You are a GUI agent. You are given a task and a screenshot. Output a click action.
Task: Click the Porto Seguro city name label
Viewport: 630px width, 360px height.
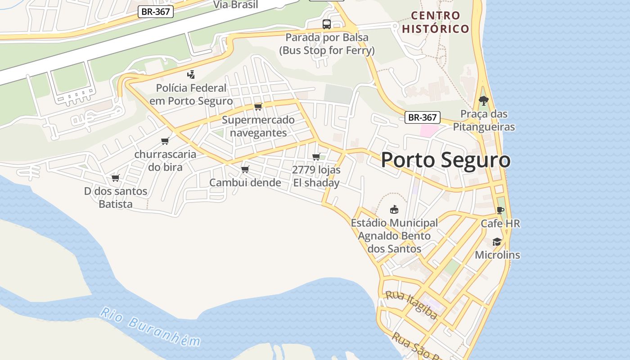pos(445,160)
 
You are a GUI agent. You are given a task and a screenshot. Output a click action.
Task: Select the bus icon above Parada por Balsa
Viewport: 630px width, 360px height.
pos(327,24)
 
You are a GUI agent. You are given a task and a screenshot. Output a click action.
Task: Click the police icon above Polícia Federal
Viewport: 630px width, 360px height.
pos(191,75)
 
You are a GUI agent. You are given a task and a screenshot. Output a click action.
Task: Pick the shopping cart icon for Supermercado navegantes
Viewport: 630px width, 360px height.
pos(258,107)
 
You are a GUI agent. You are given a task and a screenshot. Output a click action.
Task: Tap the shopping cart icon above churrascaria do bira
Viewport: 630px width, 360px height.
pos(165,141)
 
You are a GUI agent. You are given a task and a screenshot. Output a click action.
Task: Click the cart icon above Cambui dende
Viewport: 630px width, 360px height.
pos(245,170)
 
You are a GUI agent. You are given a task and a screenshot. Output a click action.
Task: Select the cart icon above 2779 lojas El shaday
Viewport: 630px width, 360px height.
pos(316,157)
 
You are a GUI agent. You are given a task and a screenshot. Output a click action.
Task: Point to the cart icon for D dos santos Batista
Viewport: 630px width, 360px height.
pos(116,178)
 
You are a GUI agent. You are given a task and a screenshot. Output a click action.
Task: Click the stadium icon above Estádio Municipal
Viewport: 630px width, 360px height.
pos(394,210)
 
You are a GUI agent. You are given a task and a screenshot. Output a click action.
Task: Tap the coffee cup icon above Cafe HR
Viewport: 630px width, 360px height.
pos(500,210)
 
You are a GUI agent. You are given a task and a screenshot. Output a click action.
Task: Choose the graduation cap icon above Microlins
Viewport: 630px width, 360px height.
pos(497,242)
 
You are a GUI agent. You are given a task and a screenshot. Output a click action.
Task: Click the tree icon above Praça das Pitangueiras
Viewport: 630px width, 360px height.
pos(484,101)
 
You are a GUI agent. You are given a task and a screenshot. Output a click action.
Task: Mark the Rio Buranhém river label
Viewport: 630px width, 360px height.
pos(150,327)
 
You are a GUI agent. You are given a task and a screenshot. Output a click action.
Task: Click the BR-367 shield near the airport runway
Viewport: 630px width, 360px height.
pos(155,12)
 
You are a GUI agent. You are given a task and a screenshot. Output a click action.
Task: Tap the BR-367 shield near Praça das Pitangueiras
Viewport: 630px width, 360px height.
pos(422,117)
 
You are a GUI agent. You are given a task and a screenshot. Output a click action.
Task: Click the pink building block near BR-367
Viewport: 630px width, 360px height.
pos(429,131)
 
